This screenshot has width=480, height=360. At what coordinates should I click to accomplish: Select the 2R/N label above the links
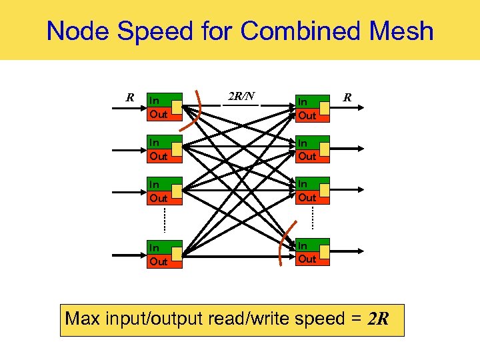(x=241, y=96)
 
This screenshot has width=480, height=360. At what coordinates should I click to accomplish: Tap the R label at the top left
(x=131, y=98)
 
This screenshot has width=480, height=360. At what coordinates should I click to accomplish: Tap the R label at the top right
(x=347, y=98)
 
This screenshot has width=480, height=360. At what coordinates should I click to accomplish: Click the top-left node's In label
(x=154, y=101)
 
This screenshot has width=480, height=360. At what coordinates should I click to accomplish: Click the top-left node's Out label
(x=159, y=115)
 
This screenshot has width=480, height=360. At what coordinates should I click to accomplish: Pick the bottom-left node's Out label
(x=159, y=261)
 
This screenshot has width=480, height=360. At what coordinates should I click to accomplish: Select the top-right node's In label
(x=302, y=102)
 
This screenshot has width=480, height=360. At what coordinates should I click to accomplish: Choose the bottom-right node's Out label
(x=307, y=259)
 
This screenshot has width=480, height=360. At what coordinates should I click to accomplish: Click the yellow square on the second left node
(x=175, y=148)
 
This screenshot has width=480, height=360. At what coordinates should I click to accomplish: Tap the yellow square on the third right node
(x=323, y=189)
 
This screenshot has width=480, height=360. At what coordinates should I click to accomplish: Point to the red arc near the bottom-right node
(x=285, y=247)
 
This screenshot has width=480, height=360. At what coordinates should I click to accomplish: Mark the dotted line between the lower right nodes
(x=312, y=217)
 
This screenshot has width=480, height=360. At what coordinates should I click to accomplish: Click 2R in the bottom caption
(x=377, y=319)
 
